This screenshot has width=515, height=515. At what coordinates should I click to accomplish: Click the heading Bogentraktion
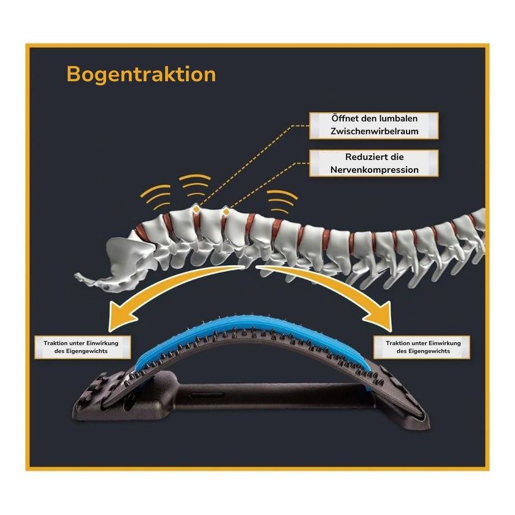(141, 75)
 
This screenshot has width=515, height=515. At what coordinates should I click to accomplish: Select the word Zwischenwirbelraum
(375, 131)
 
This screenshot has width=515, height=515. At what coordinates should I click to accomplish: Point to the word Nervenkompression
(375, 170)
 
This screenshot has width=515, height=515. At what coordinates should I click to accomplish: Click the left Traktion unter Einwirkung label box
(83, 347)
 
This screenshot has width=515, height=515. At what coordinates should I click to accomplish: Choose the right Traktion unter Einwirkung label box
(422, 347)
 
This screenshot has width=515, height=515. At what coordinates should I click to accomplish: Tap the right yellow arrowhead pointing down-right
(380, 316)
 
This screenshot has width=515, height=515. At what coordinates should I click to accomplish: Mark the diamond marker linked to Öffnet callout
(196, 209)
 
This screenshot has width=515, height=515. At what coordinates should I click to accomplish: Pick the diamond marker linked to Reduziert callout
(226, 212)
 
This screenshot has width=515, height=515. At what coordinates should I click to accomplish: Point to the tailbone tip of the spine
(77, 275)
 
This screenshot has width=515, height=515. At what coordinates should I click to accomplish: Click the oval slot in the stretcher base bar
(208, 395)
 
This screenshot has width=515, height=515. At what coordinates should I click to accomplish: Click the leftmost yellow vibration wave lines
(156, 196)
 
